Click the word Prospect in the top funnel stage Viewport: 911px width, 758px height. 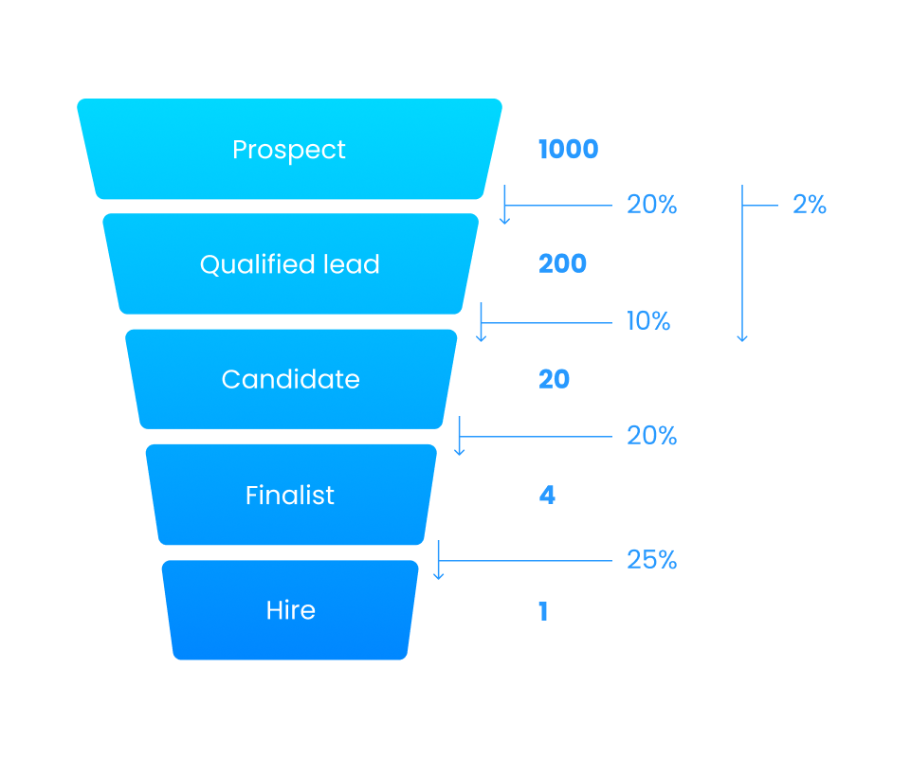[289, 150]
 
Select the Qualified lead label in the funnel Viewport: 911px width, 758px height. [289, 264]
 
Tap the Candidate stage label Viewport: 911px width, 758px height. [290, 379]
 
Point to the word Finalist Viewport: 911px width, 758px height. [289, 496]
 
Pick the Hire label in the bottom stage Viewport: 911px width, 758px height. [290, 610]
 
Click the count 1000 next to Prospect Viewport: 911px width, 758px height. [568, 150]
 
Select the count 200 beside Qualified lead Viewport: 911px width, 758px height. [562, 264]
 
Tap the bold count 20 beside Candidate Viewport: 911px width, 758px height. [554, 379]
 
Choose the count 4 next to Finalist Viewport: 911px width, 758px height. [547, 496]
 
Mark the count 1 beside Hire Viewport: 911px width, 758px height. [543, 611]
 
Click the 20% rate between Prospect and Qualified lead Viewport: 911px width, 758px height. [651, 205]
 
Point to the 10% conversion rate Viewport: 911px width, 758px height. [648, 321]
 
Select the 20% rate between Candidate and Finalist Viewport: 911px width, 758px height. [651, 436]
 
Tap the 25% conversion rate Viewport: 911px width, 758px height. [651, 560]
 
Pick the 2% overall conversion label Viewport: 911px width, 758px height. [810, 205]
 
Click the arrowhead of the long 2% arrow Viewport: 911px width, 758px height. [742, 337]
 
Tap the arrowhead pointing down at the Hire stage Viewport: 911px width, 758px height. [438, 575]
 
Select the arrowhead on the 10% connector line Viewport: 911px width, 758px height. [482, 337]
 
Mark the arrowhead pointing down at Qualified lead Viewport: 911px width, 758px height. [505, 221]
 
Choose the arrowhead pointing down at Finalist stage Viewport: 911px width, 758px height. [460, 451]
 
